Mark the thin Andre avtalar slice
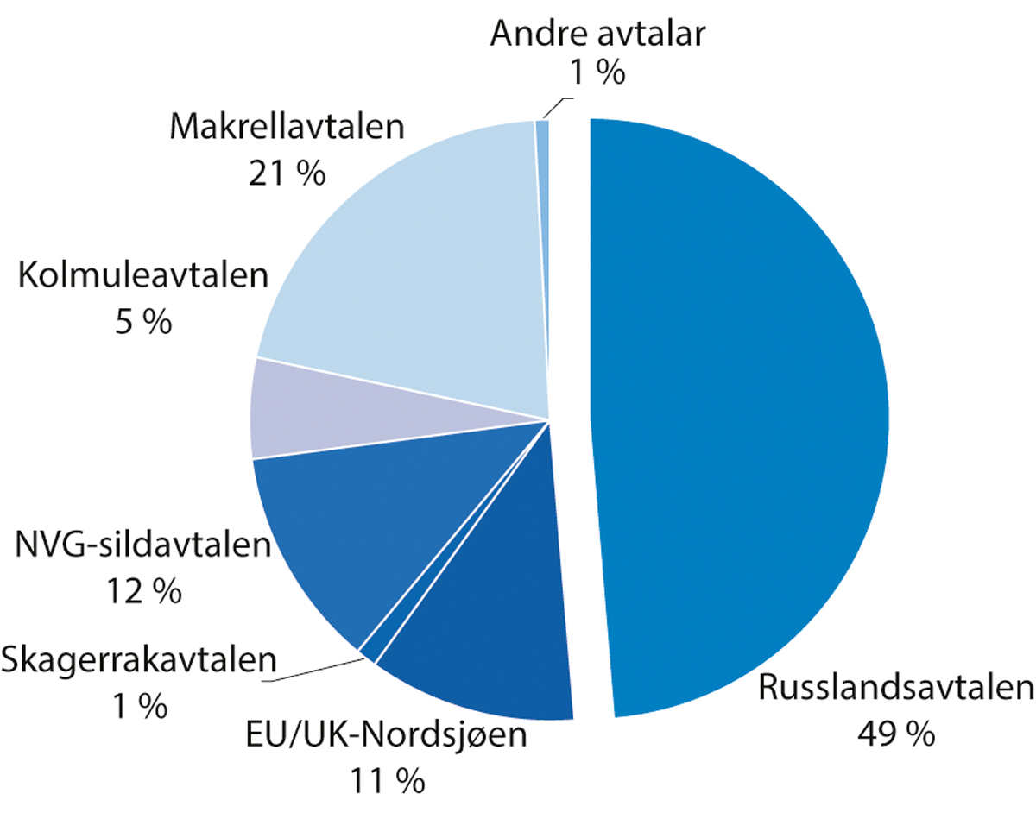[x=542, y=173]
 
